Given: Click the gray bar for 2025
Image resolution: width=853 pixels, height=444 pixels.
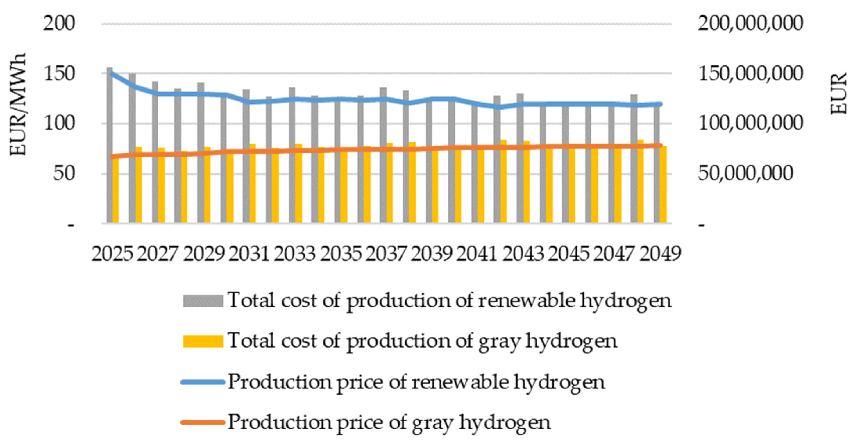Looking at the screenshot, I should click(x=109, y=146).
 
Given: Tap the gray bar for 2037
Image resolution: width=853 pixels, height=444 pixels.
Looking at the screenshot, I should click(x=383, y=156).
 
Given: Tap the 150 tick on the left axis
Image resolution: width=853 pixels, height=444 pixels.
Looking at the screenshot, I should click(x=59, y=74).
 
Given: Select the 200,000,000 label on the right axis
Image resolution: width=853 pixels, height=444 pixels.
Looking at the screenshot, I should click(x=750, y=24).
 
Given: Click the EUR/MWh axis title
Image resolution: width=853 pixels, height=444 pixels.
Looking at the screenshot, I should click(x=17, y=104).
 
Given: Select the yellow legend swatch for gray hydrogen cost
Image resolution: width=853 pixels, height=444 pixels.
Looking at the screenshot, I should click(x=203, y=341).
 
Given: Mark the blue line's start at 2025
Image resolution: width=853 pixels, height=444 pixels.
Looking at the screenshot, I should click(x=112, y=73).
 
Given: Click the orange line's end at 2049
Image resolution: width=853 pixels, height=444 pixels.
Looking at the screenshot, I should click(x=660, y=145).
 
